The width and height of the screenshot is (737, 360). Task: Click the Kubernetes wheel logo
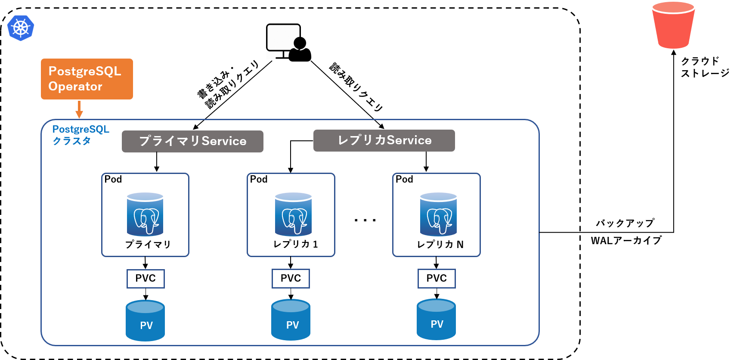[21, 28]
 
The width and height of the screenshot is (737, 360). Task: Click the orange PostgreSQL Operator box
[87, 79]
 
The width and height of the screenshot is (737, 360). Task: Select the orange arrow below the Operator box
[79, 110]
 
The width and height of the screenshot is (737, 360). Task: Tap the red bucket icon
[673, 25]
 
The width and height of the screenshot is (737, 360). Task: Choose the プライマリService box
[192, 141]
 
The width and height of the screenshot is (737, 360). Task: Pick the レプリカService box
[384, 140]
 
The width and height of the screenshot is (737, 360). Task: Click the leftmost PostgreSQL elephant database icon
[145, 214]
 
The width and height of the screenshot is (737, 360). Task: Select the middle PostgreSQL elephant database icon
[293, 214]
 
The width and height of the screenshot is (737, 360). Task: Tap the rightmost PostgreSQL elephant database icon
[438, 214]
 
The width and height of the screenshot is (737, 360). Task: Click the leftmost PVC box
[146, 279]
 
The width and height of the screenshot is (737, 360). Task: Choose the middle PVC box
[291, 279]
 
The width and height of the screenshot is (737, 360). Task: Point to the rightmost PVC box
[437, 279]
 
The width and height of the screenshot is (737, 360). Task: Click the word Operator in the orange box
[75, 87]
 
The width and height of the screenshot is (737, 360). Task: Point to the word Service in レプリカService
[409, 140]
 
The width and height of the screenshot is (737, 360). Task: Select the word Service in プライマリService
[224, 141]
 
